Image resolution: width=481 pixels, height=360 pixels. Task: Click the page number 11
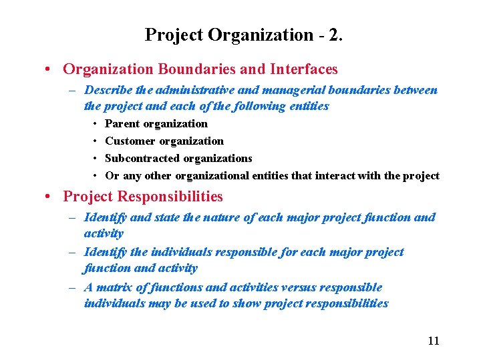coord(434,341)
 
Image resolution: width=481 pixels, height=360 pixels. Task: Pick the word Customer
coord(130,141)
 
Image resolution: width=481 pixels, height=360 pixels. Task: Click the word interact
coord(355,176)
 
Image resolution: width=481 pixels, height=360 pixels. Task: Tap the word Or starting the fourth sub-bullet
coord(112,176)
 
